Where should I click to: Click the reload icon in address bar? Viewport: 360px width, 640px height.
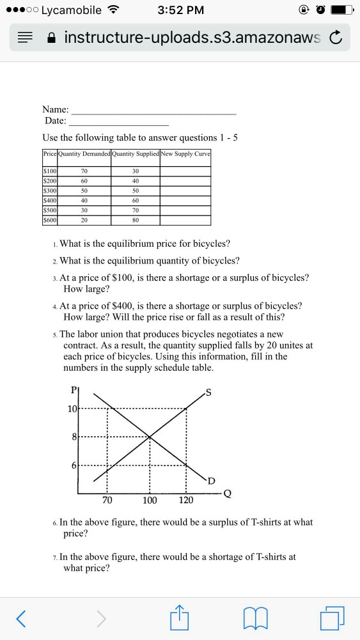tap(335, 40)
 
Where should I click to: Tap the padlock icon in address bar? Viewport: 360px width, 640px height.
tap(51, 40)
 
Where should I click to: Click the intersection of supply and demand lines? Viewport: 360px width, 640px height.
tap(150, 437)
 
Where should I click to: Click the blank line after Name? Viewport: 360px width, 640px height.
tap(153, 113)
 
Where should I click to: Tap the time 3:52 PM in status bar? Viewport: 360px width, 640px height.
tap(181, 10)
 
